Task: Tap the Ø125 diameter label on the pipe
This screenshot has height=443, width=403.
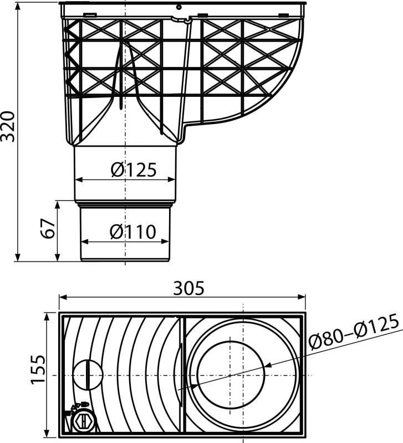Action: coord(133,170)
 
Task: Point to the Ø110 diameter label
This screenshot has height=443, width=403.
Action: coord(132,232)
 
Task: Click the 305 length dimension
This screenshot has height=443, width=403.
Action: coord(189,288)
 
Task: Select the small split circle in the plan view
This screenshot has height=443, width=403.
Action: coord(88,375)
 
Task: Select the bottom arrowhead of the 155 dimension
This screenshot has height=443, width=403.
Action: coord(46,434)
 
